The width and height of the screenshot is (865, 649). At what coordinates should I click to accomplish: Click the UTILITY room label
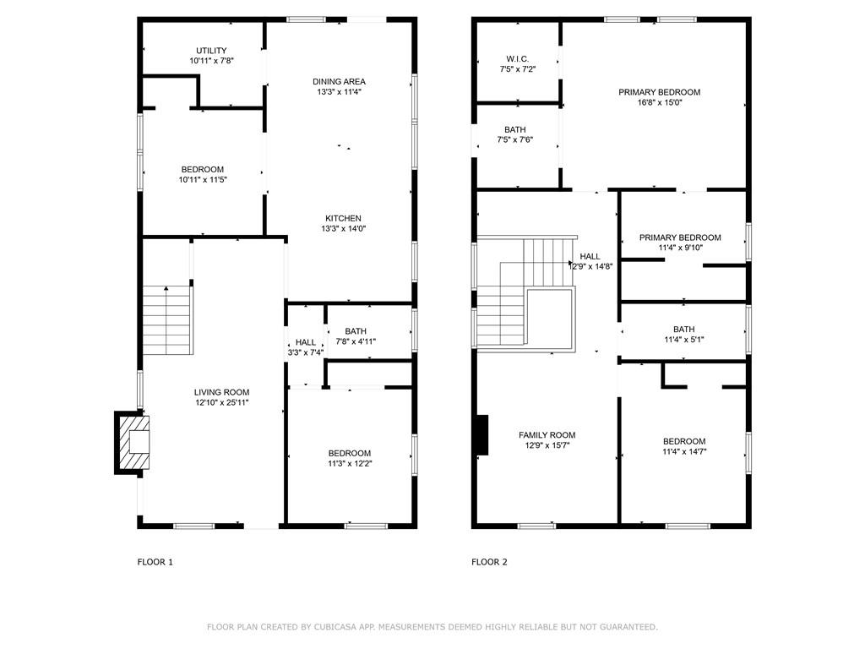click(x=211, y=50)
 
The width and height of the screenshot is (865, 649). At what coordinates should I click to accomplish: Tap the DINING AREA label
click(x=339, y=82)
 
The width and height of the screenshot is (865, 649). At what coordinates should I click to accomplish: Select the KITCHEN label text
click(x=343, y=219)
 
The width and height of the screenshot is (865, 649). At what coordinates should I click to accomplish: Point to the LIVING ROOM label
click(x=222, y=392)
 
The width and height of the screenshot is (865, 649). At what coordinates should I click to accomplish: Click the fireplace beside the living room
click(x=132, y=442)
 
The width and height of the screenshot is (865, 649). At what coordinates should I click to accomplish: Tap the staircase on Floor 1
click(x=167, y=320)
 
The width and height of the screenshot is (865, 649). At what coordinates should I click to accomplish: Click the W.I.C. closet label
click(x=518, y=59)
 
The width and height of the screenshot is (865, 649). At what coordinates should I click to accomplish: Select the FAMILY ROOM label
click(x=547, y=435)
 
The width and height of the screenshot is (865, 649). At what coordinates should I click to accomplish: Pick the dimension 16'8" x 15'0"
click(x=659, y=102)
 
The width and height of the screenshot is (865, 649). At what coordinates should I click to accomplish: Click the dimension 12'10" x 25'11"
click(x=222, y=402)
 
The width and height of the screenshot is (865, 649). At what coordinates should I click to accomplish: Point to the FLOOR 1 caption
click(x=155, y=562)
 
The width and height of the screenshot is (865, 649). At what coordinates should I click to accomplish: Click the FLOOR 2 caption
click(x=489, y=562)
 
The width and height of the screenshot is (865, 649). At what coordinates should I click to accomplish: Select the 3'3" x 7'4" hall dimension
click(x=305, y=352)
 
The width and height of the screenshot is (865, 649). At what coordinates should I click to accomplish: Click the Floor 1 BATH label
click(x=356, y=331)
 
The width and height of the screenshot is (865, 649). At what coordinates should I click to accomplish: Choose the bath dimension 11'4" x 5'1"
click(x=684, y=340)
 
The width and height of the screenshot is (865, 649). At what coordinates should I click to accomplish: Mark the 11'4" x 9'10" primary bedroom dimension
click(x=680, y=248)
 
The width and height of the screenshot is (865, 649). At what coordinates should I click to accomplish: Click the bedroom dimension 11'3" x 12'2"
click(x=350, y=464)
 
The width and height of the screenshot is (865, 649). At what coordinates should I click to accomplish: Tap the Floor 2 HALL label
click(x=590, y=257)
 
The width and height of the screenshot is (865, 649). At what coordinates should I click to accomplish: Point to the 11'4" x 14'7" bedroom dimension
click(x=684, y=451)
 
